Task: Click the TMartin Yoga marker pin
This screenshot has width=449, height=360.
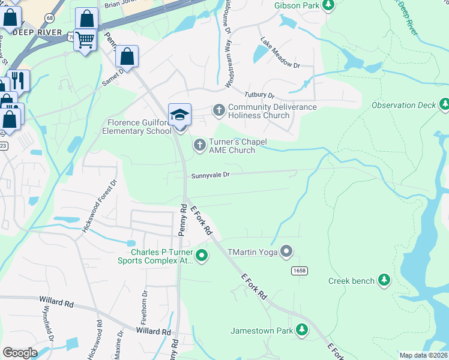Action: pyautogui.click(x=287, y=251)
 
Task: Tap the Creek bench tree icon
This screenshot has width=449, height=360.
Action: pyautogui.click(x=384, y=280)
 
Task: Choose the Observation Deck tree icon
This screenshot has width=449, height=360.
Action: pyautogui.click(x=444, y=105)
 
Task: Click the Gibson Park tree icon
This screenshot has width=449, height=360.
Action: pyautogui.click(x=328, y=5)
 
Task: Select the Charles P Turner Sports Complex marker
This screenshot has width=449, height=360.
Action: pyautogui.click(x=202, y=256)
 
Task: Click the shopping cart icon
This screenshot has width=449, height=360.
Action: pyautogui.click(x=86, y=40)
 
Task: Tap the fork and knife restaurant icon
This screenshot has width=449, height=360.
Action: pyautogui.click(x=19, y=80)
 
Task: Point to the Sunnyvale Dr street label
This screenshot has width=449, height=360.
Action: pyautogui.click(x=211, y=176)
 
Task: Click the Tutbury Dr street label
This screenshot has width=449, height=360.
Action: pyautogui.click(x=259, y=95)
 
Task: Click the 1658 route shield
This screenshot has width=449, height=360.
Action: pyautogui.click(x=300, y=271)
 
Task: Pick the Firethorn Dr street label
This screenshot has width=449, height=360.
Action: pyautogui.click(x=145, y=306)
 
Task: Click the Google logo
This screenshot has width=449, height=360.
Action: pyautogui.click(x=20, y=353)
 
